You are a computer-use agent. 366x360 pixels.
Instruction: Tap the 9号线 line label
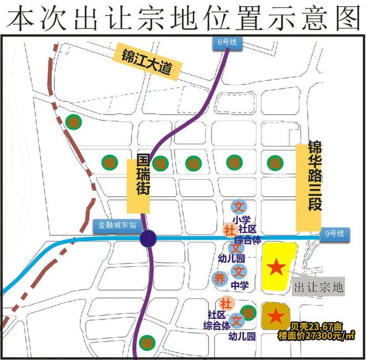(334, 234)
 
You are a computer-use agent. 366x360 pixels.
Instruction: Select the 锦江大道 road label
(146, 62)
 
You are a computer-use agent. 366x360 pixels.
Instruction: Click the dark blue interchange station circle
(148, 239)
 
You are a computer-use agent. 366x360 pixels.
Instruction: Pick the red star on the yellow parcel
(277, 268)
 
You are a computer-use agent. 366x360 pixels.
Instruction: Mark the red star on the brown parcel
(274, 316)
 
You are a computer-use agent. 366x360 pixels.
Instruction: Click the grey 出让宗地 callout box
(318, 287)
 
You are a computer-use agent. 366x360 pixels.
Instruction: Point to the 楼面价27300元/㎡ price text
(317, 335)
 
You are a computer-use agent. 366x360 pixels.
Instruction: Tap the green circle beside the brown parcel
(248, 312)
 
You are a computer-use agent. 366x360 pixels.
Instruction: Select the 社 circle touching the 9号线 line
(228, 229)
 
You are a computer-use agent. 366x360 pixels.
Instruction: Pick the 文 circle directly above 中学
(238, 272)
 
